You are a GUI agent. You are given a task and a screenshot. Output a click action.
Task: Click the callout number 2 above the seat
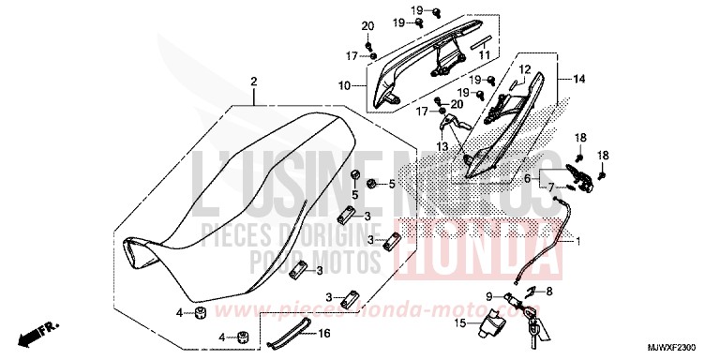click(253, 82)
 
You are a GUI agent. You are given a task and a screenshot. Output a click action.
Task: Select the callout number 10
click(345, 85)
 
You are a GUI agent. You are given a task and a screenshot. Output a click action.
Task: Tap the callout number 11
click(485, 55)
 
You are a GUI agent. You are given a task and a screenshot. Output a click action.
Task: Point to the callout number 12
click(524, 69)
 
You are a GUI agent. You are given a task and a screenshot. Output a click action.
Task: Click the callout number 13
click(442, 147)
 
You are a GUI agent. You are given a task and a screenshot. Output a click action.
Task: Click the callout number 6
click(553, 178)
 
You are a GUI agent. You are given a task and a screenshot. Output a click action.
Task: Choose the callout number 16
click(324, 332)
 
